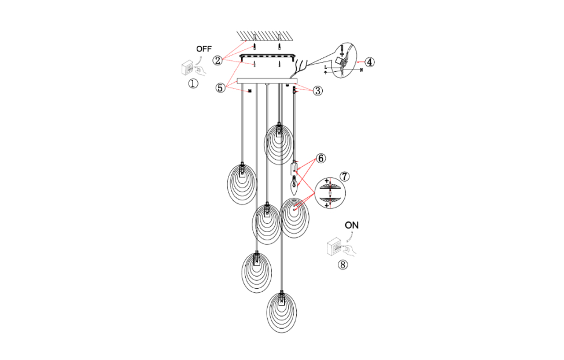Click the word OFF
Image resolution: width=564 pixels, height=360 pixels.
[x=204, y=49]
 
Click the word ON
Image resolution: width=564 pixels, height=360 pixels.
[x=351, y=225]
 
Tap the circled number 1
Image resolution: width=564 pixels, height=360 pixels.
[x=193, y=83]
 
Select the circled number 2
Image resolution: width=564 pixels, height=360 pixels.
[x=218, y=60]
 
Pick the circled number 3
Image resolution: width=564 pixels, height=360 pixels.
[x=318, y=90]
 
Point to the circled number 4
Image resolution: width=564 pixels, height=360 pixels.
[x=369, y=61]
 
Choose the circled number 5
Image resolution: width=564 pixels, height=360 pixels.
[x=220, y=88]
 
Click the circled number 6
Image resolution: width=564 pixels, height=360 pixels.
[x=321, y=158]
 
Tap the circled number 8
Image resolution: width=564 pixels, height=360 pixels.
[x=342, y=265]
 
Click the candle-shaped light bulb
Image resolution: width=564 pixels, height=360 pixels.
[x=293, y=185]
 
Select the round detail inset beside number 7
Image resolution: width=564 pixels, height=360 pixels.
[x=330, y=192]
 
